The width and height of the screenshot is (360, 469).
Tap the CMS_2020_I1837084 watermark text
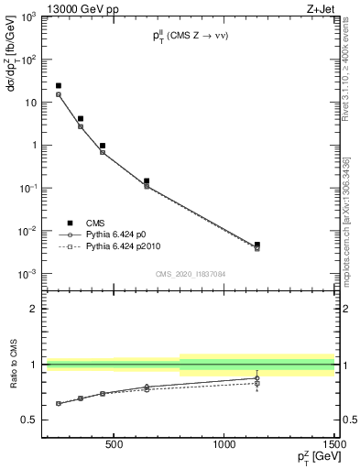[x=191, y=273]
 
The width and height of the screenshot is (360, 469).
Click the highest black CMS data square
[x=59, y=86]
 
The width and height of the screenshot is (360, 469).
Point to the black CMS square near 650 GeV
[x=147, y=181]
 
